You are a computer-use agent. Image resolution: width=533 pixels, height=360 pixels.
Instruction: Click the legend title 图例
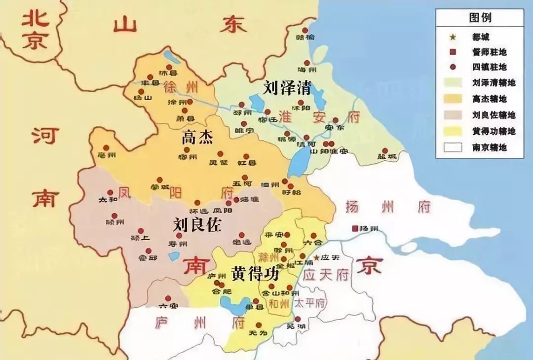coord(480,18)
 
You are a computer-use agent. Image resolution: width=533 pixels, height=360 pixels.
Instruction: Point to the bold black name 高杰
coord(197,138)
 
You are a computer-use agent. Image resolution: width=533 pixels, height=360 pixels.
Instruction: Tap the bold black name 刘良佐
coord(197,225)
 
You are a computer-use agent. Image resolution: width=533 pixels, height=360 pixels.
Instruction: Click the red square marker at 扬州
coord(354,229)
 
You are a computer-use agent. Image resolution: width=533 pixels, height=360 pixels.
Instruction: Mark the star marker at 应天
coord(316,258)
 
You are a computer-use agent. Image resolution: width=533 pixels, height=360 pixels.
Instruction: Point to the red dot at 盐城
coord(385,150)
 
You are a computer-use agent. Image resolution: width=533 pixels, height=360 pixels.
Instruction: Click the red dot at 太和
coord(111,193)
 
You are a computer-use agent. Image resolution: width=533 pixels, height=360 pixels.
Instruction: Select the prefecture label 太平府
coord(310,303)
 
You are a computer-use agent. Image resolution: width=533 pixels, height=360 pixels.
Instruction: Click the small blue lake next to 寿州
coord(173,256)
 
